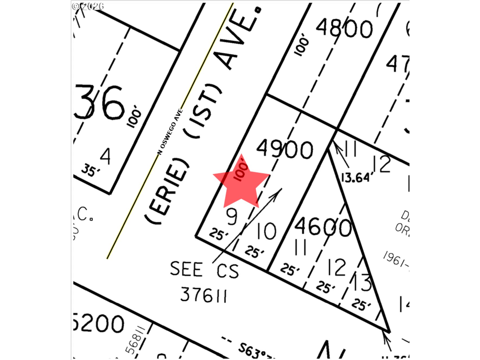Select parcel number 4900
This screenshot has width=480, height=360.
(285, 149)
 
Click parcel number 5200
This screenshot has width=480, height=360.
(99, 323)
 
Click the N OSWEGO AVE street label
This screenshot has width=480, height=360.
(170, 132)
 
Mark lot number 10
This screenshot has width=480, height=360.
(266, 231)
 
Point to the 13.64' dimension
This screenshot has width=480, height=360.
(355, 178)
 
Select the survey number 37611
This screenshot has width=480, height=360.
(203, 295)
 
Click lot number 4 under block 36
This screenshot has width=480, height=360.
(105, 156)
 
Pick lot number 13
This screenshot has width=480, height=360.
(362, 283)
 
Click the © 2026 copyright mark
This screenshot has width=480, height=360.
(87, 6)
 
